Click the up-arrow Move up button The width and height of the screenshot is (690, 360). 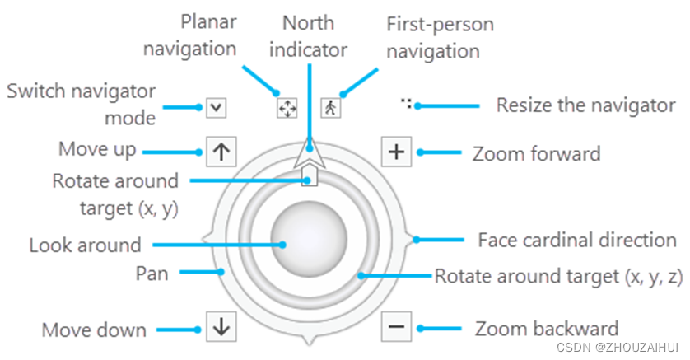click(220, 152)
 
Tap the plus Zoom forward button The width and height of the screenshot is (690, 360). click(396, 152)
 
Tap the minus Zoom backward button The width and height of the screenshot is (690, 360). click(396, 327)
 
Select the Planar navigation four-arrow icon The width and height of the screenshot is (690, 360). click(286, 107)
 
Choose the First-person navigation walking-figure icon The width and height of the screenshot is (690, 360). click(329, 107)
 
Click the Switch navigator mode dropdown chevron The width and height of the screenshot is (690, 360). click(216, 107)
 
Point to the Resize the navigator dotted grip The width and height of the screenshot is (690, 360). click(406, 104)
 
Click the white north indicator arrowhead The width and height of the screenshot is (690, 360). click(310, 153)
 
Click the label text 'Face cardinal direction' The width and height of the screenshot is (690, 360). click(577, 241)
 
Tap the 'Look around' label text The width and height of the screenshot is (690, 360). click(85, 245)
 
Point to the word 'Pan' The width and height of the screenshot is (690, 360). click(152, 273)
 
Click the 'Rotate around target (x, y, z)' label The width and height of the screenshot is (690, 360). click(559, 276)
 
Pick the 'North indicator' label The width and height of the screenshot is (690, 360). click(314, 36)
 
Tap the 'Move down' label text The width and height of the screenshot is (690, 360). click(94, 330)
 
